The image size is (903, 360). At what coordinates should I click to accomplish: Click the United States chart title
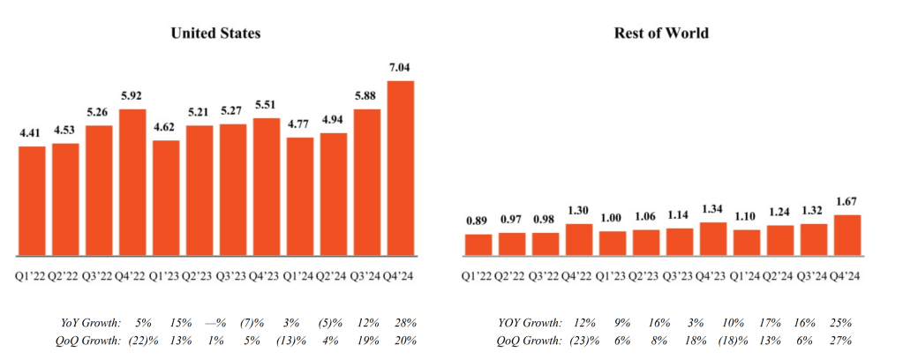click(x=216, y=34)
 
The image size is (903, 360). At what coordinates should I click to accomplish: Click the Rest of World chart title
click(x=662, y=34)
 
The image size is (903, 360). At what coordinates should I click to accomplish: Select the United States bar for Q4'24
click(x=401, y=168)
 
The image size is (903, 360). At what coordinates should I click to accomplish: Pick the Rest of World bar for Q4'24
click(x=847, y=235)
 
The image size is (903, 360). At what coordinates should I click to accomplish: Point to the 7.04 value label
click(x=401, y=68)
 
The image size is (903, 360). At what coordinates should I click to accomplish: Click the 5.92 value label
click(x=132, y=96)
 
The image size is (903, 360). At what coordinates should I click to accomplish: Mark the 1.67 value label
click(x=847, y=203)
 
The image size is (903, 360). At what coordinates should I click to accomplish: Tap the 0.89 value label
click(x=478, y=221)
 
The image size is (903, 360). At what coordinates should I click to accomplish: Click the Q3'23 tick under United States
click(x=233, y=276)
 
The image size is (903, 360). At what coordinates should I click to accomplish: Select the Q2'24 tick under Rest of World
click(x=779, y=276)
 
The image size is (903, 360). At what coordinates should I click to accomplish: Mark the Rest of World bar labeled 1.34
click(x=712, y=238)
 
